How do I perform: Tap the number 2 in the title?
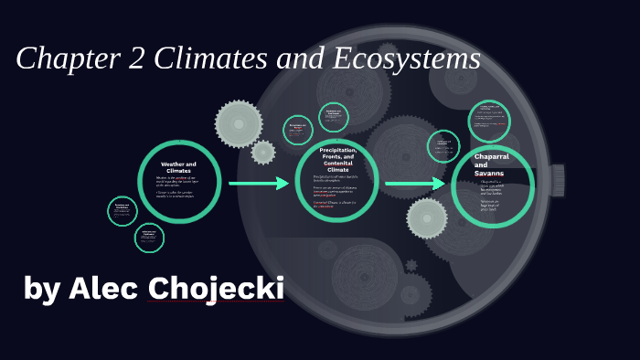[138, 59]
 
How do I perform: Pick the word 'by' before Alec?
[41, 290]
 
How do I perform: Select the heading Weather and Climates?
[178, 167]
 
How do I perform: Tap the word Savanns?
[489, 173]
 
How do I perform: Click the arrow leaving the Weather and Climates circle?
[259, 184]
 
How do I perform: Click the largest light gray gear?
[238, 123]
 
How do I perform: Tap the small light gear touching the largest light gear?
[263, 152]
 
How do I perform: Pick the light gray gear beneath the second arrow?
[427, 218]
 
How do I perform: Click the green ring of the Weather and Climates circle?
[139, 181]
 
